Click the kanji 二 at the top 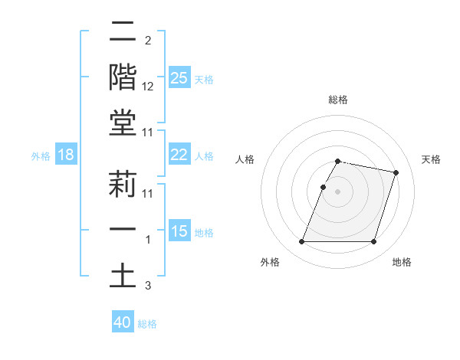coord(123,31)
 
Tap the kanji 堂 coord(123,123)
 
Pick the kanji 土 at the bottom coord(123,277)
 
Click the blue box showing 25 coord(179,77)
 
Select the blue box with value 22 coord(179,155)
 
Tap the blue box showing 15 coord(179,231)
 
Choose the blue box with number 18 coord(66,155)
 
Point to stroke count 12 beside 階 coord(148,87)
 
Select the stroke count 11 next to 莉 coord(148,194)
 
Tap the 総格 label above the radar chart coord(337,100)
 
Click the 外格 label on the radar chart coord(270,263)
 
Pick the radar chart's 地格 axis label coord(402,263)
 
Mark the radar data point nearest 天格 coord(396,173)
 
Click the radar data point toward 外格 coord(301,242)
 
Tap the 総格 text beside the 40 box coord(147,324)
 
